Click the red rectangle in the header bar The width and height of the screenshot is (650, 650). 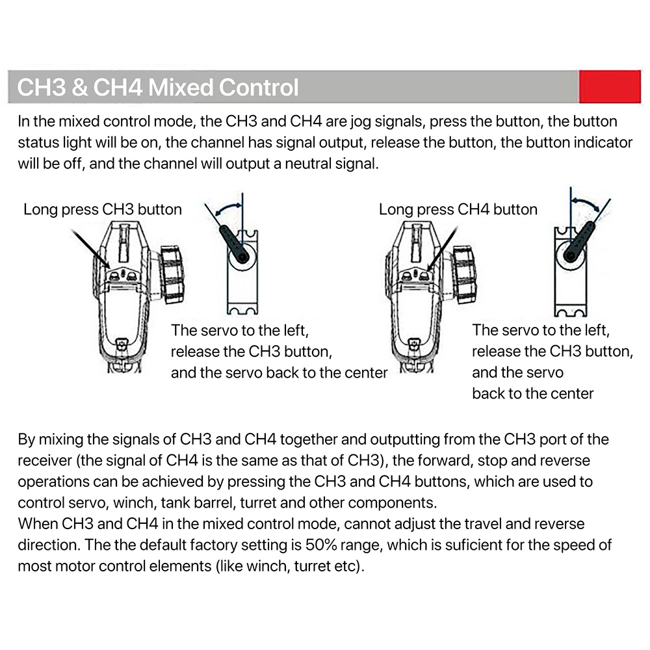[x=610, y=86]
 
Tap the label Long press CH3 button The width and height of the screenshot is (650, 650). [x=103, y=210]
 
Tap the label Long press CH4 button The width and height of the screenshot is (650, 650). [x=458, y=210]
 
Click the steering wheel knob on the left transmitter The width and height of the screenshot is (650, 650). [x=172, y=274]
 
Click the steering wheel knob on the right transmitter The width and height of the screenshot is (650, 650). [x=464, y=274]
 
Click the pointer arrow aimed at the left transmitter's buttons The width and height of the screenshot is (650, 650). [x=91, y=250]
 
